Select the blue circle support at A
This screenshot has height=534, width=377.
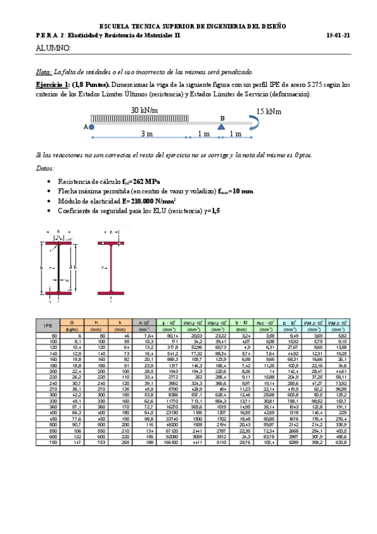point(92,126)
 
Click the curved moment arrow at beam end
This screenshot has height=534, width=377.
point(259,125)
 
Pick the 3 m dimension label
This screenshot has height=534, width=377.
point(147,135)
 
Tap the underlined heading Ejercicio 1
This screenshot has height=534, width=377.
point(52,84)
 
